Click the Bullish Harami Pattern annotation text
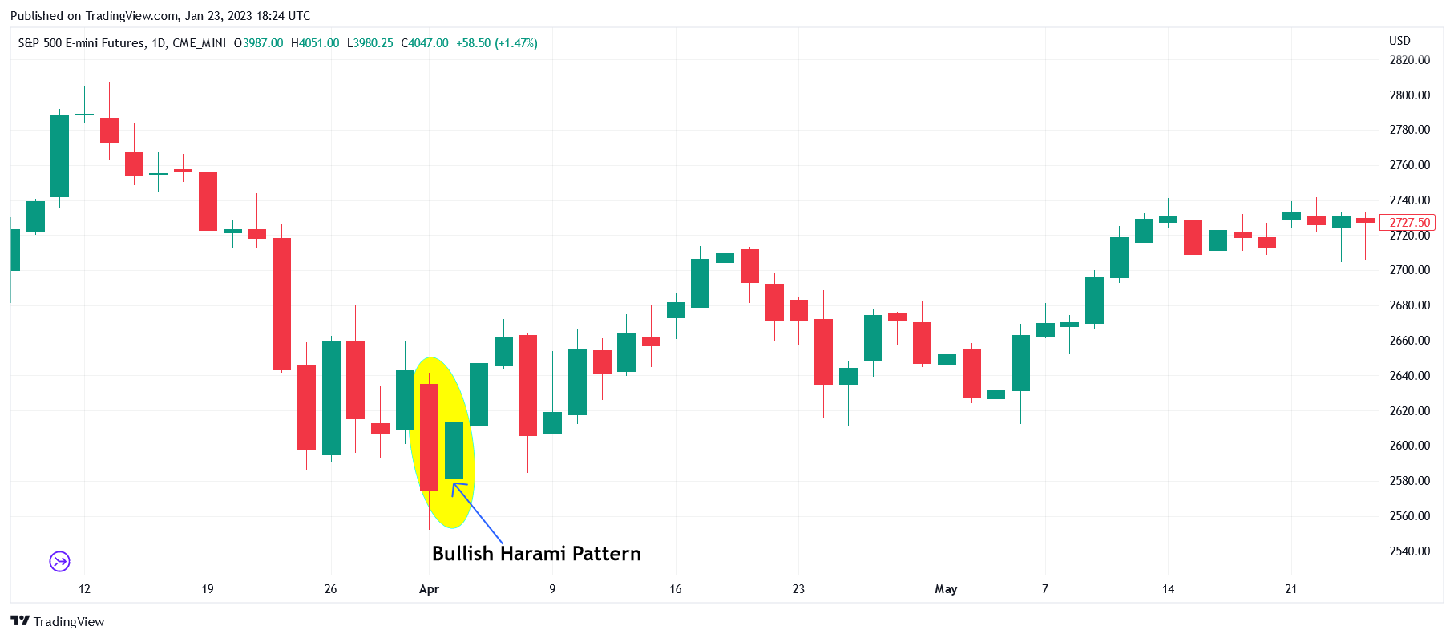pos(536,554)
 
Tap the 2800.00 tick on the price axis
pos(1409,95)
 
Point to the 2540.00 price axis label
pos(1409,551)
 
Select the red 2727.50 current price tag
pos(1408,223)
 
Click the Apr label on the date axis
pos(429,589)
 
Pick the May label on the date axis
pos(946,589)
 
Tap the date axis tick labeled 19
pos(208,589)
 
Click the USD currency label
pos(1399,41)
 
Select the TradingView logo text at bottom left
pos(59,621)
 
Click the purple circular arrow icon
pos(60,561)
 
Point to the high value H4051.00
pos(315,43)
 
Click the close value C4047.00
pos(425,43)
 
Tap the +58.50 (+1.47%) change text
pos(497,43)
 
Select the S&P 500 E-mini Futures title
pos(82,43)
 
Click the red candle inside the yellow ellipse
pos(430,437)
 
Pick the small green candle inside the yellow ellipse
pos(454,450)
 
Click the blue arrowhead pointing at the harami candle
pos(455,484)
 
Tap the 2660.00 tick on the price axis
pos(1409,341)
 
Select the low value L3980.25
pos(370,43)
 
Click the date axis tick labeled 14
pos(1168,589)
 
